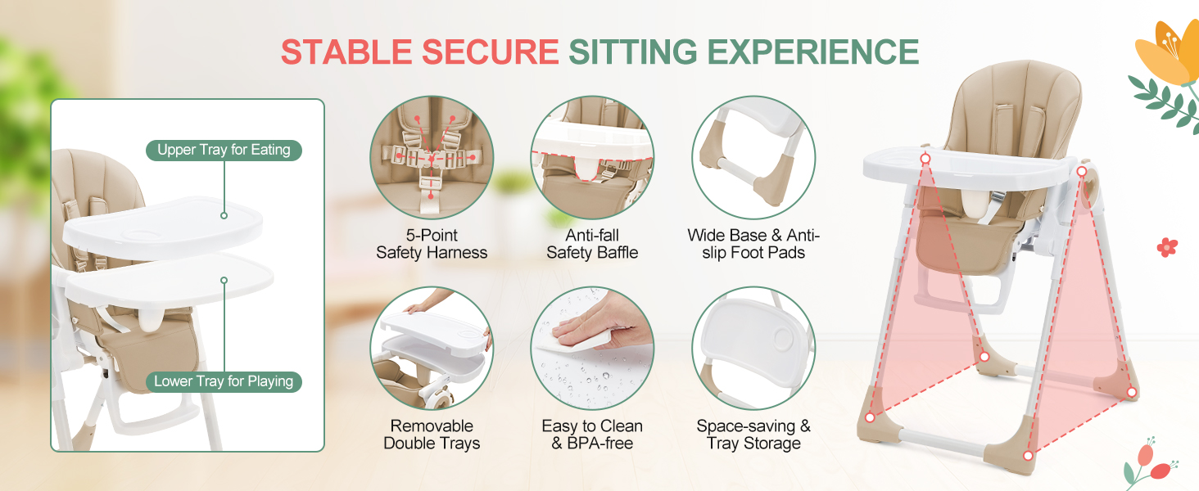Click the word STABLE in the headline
346,52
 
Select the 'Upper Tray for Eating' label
224,150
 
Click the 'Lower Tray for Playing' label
224,381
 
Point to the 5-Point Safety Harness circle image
432,157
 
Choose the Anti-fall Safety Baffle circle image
592,157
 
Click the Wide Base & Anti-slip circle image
753,157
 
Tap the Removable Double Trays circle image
432,348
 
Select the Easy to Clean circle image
592,348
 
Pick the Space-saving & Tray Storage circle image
753,348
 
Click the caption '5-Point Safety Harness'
432,244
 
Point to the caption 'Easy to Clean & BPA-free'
592,435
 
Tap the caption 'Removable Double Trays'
432,435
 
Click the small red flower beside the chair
1167,247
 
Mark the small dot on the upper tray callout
224,215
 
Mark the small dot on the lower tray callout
224,280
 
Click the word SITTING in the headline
633,52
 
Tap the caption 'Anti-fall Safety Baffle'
592,244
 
